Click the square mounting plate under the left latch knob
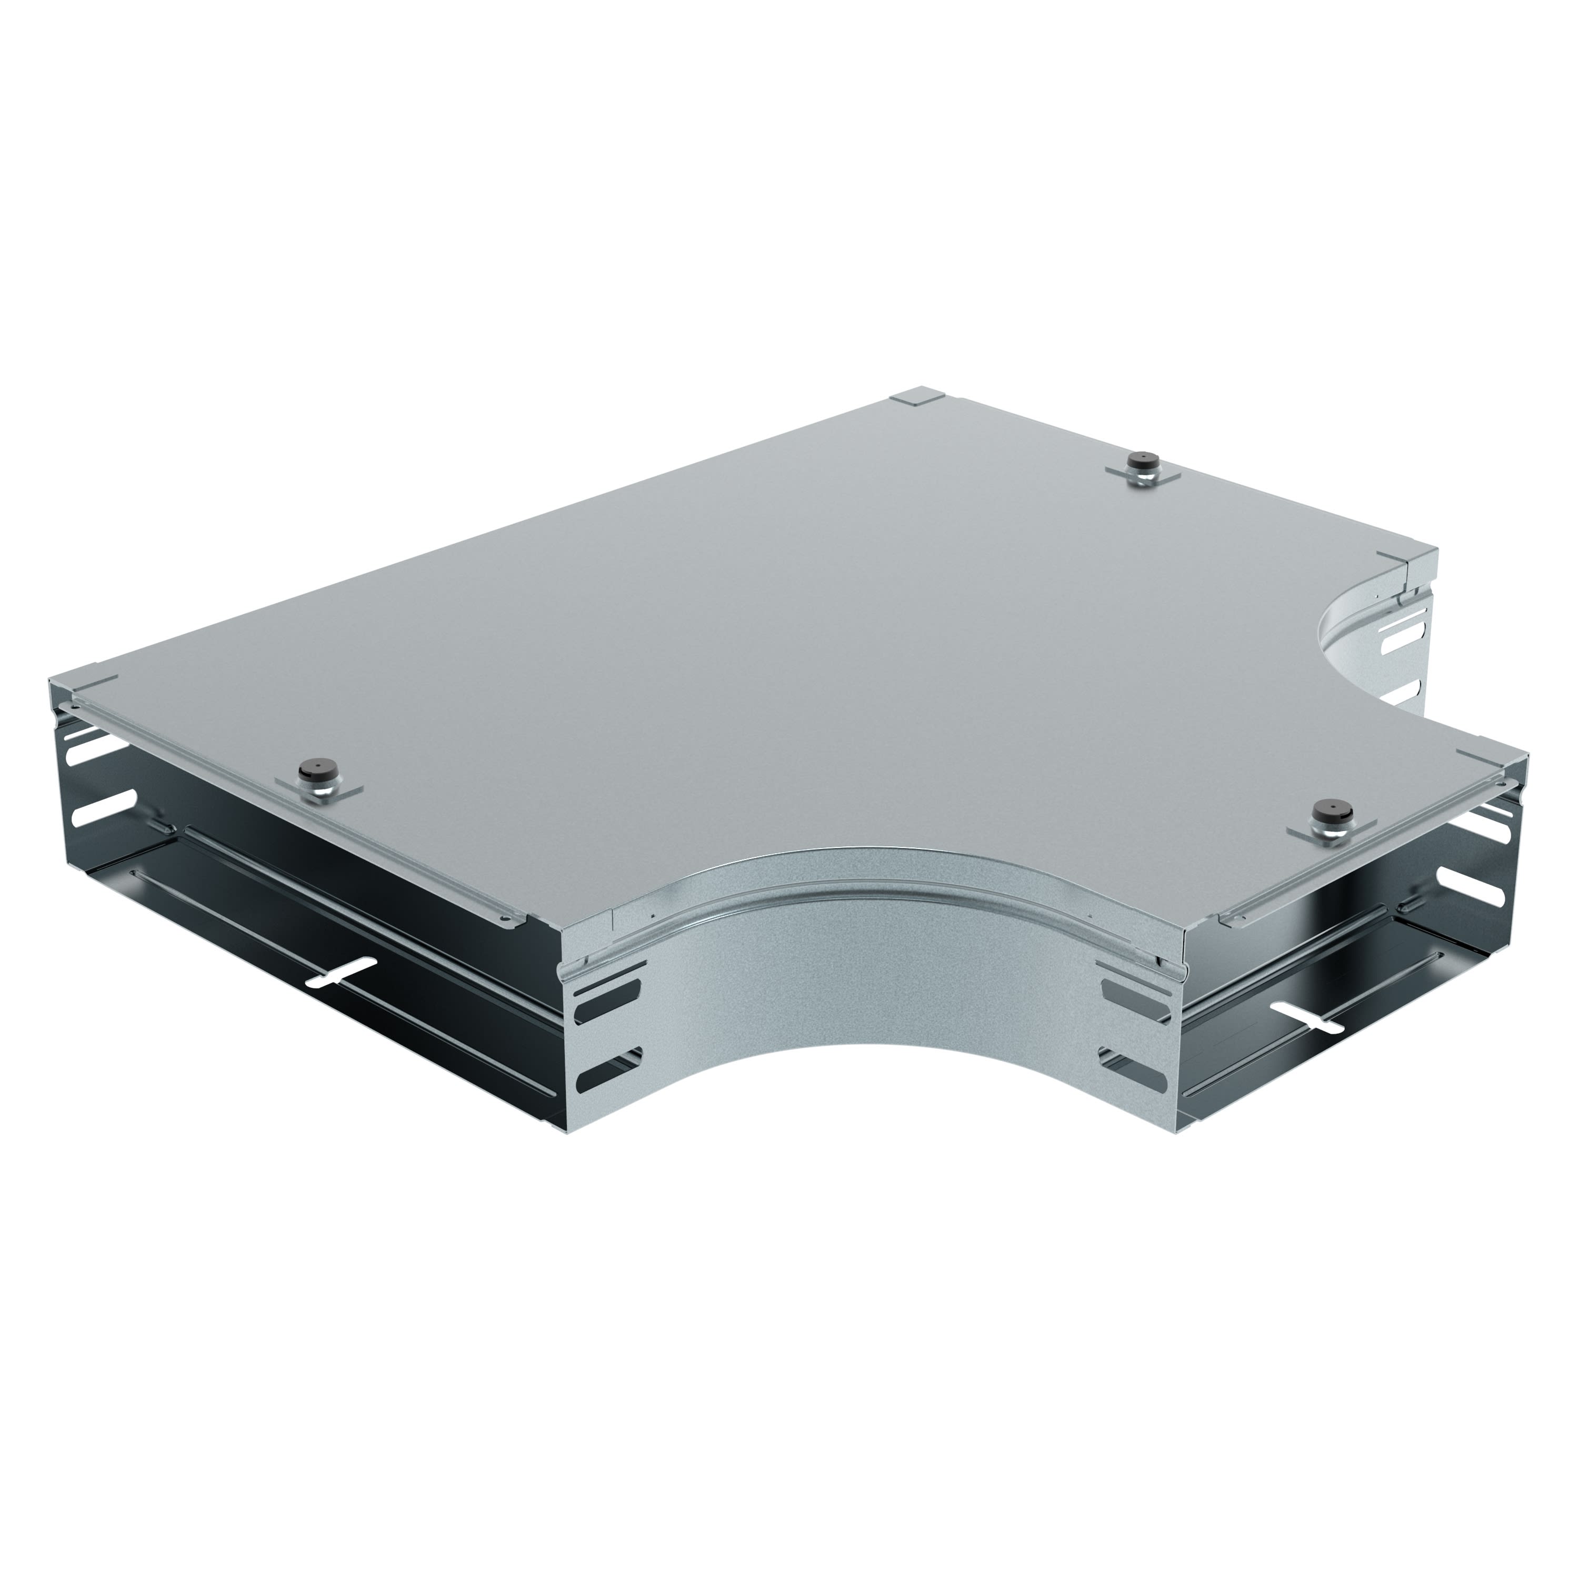click(x=319, y=791)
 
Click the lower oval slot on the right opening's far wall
click(x=1481, y=893)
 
